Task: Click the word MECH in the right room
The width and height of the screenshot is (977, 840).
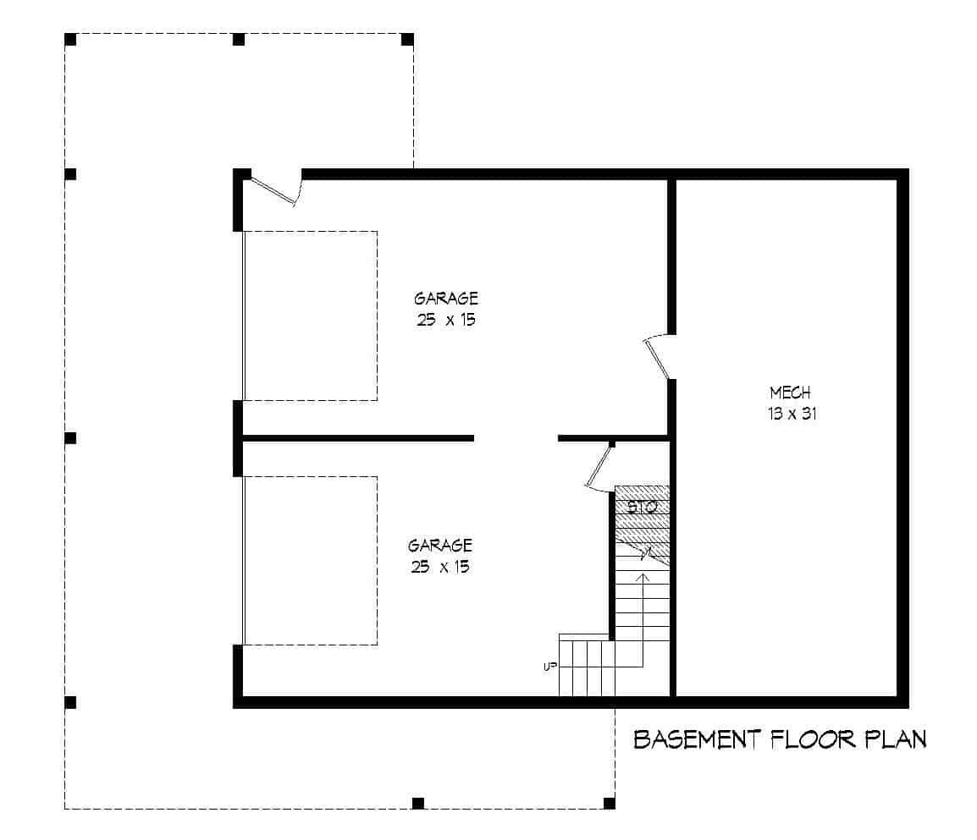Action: [790, 393]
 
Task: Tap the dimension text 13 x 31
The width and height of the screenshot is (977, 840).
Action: [792, 415]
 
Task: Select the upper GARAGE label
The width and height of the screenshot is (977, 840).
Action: [445, 299]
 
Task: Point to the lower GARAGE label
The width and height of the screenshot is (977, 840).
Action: [439, 546]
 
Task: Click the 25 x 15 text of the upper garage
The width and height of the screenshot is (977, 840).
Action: [443, 321]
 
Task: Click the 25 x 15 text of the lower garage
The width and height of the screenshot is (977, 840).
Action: [439, 568]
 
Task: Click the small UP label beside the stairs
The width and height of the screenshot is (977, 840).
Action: [549, 667]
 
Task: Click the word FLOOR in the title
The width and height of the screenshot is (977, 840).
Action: [811, 739]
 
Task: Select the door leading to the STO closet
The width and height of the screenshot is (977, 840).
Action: [599, 468]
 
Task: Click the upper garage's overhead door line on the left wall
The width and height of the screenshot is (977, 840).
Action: [244, 315]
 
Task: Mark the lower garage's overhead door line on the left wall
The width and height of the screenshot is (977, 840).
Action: [244, 560]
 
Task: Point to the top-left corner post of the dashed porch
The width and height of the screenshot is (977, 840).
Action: [71, 39]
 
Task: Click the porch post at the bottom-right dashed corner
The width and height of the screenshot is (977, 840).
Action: [609, 802]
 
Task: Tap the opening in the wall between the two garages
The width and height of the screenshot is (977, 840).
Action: [516, 438]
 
